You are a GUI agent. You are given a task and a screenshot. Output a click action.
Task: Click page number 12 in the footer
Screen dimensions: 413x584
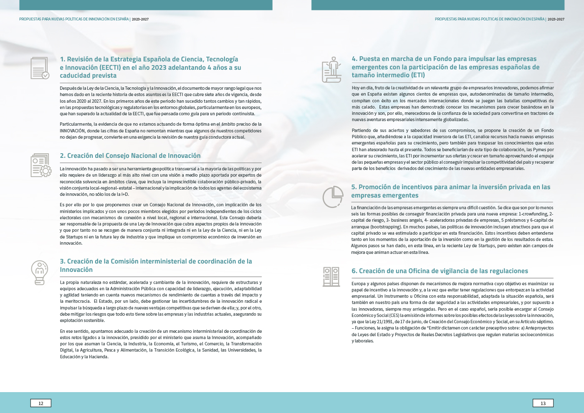point(41,403)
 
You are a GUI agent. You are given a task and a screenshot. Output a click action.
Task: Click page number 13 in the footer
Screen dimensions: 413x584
point(543,403)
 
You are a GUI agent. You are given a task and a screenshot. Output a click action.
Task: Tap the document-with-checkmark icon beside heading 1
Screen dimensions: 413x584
point(40,68)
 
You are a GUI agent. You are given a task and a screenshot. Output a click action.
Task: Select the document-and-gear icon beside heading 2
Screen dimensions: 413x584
point(41,165)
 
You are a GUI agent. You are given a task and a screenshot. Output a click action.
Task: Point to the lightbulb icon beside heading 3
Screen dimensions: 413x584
point(40,273)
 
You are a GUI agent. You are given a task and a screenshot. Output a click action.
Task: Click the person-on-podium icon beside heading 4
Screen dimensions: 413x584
point(332,70)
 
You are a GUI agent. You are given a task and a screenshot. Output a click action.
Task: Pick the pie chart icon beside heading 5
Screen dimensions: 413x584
point(333,197)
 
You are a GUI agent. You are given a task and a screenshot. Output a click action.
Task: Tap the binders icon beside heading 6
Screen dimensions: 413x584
point(331,277)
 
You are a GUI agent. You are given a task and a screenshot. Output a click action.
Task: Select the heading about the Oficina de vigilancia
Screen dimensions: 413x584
point(440,271)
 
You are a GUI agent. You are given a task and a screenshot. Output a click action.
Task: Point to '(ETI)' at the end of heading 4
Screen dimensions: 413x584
point(417,75)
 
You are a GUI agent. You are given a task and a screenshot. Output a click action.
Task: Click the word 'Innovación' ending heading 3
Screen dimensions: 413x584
point(76,270)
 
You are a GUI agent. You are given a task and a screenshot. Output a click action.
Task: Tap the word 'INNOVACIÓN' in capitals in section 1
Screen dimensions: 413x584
point(73,131)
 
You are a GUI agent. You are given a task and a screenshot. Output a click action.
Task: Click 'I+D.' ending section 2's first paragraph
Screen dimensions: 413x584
point(125,194)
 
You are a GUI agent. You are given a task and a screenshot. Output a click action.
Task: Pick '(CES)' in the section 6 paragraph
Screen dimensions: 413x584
point(394,315)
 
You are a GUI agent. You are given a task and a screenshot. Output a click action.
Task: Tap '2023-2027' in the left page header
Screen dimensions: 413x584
point(140,19)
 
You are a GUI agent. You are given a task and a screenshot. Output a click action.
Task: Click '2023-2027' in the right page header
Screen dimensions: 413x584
point(556,19)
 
